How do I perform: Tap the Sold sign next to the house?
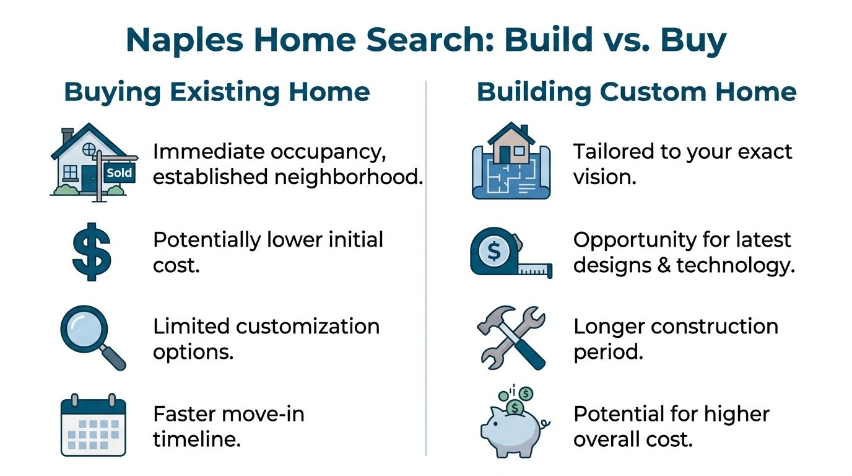pos(119,172)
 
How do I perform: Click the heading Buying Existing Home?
pos(217,92)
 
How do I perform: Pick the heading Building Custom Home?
pos(637,92)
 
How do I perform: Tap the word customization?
pos(306,326)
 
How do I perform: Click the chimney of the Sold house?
pos(67,134)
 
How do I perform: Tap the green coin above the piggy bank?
pos(526,394)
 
